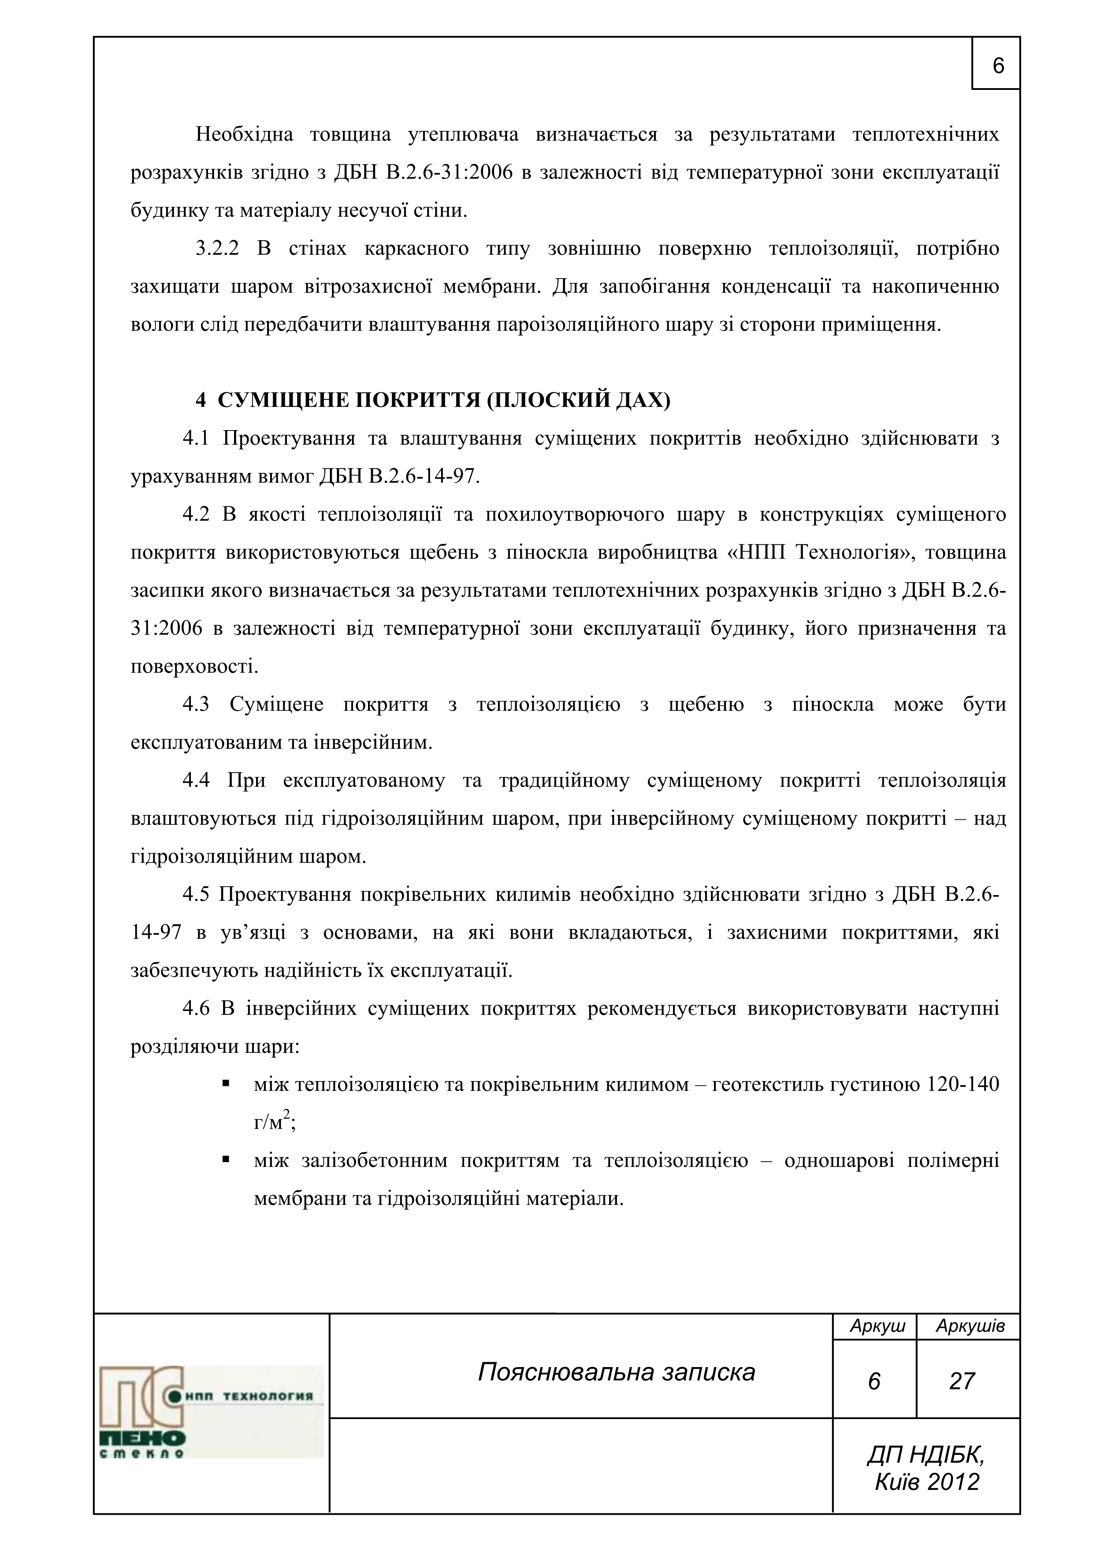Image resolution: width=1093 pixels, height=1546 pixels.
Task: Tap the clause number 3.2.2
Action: (217, 249)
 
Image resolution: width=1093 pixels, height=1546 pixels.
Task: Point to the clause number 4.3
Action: (196, 705)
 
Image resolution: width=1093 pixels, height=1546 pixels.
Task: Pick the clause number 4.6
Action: (196, 1009)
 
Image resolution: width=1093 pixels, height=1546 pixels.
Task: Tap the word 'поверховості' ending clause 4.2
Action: (193, 667)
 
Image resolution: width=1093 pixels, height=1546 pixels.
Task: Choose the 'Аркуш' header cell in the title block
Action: (877, 1327)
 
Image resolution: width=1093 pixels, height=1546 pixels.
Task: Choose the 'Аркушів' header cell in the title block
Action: (970, 1327)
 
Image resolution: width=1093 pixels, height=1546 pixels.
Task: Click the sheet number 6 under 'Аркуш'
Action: (874, 1382)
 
